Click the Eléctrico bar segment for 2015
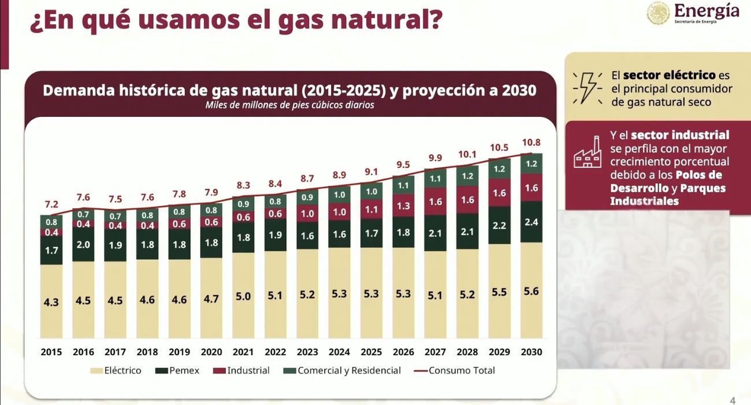coord(51,301)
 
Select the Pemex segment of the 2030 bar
coord(531,222)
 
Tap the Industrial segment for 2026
coord(403,205)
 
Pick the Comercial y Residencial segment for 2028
coord(467,176)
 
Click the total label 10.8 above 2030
coord(531,142)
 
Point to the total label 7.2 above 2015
coord(51,204)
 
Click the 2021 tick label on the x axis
coord(243,352)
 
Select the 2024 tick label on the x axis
coord(339,352)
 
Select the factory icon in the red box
coord(588,153)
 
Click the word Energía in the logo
coord(706,10)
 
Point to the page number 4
coord(733,400)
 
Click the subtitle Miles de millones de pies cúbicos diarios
coord(289,105)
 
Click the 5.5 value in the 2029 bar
coord(499,292)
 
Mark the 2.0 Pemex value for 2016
coord(83,245)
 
